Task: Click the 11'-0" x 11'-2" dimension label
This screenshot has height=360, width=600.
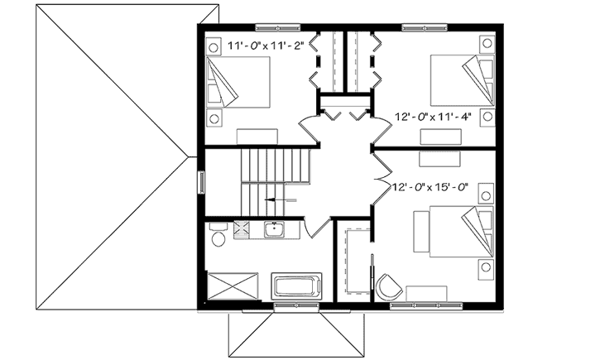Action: [266, 48]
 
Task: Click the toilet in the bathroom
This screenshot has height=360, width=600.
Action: [218, 238]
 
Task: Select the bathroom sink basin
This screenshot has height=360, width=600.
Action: [275, 230]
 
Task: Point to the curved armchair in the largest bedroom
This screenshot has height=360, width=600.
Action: [387, 286]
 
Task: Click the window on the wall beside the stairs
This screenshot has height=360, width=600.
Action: [200, 181]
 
